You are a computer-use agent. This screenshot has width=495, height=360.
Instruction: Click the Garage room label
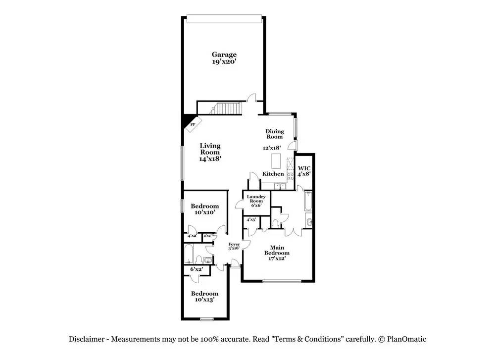[x=224, y=58]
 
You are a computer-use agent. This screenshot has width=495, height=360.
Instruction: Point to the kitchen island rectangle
[x=276, y=161]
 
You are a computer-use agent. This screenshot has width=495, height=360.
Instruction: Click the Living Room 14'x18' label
[x=210, y=153]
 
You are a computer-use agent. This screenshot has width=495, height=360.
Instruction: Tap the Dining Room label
[x=275, y=134]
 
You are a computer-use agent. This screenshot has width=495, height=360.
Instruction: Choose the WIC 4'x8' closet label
[x=304, y=171]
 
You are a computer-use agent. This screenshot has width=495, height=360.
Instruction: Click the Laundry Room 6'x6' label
[x=256, y=201]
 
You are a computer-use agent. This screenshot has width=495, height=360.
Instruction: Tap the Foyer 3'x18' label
[x=234, y=246]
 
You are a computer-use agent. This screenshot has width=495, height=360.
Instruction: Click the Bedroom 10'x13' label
[x=204, y=296]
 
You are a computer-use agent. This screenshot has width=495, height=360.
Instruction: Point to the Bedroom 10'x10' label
[x=205, y=209]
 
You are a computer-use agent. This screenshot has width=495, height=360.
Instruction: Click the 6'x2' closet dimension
[x=197, y=269]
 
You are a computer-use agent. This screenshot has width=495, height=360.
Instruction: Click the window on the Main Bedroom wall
[x=282, y=281]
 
